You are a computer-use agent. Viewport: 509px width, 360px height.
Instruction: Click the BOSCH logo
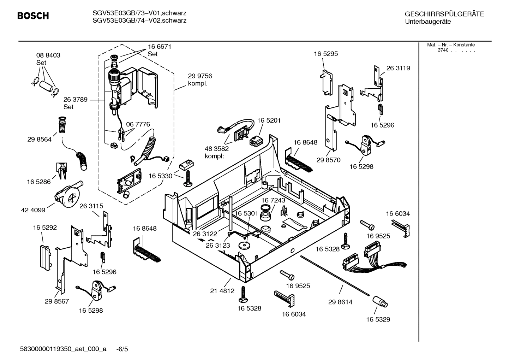[x=33, y=16]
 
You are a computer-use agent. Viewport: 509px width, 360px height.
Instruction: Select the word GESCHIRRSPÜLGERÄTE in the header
[x=444, y=14]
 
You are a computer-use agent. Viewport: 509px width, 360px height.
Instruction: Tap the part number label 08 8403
[x=48, y=55]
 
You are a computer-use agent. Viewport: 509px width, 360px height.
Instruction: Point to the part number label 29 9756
[x=200, y=76]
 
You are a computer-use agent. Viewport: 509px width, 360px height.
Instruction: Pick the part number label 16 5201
[x=269, y=120]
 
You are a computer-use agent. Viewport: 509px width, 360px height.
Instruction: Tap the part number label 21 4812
[x=222, y=291]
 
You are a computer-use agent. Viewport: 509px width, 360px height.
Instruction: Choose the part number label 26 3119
[x=398, y=68]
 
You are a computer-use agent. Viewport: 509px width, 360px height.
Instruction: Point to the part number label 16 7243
[x=273, y=200]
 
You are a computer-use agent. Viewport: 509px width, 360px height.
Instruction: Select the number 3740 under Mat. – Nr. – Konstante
[x=443, y=50]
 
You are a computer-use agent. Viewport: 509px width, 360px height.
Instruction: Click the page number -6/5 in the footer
[x=122, y=349]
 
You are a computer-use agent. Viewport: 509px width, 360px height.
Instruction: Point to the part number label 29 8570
[x=328, y=160]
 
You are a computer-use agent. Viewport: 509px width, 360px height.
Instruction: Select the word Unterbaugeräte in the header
[x=428, y=22]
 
